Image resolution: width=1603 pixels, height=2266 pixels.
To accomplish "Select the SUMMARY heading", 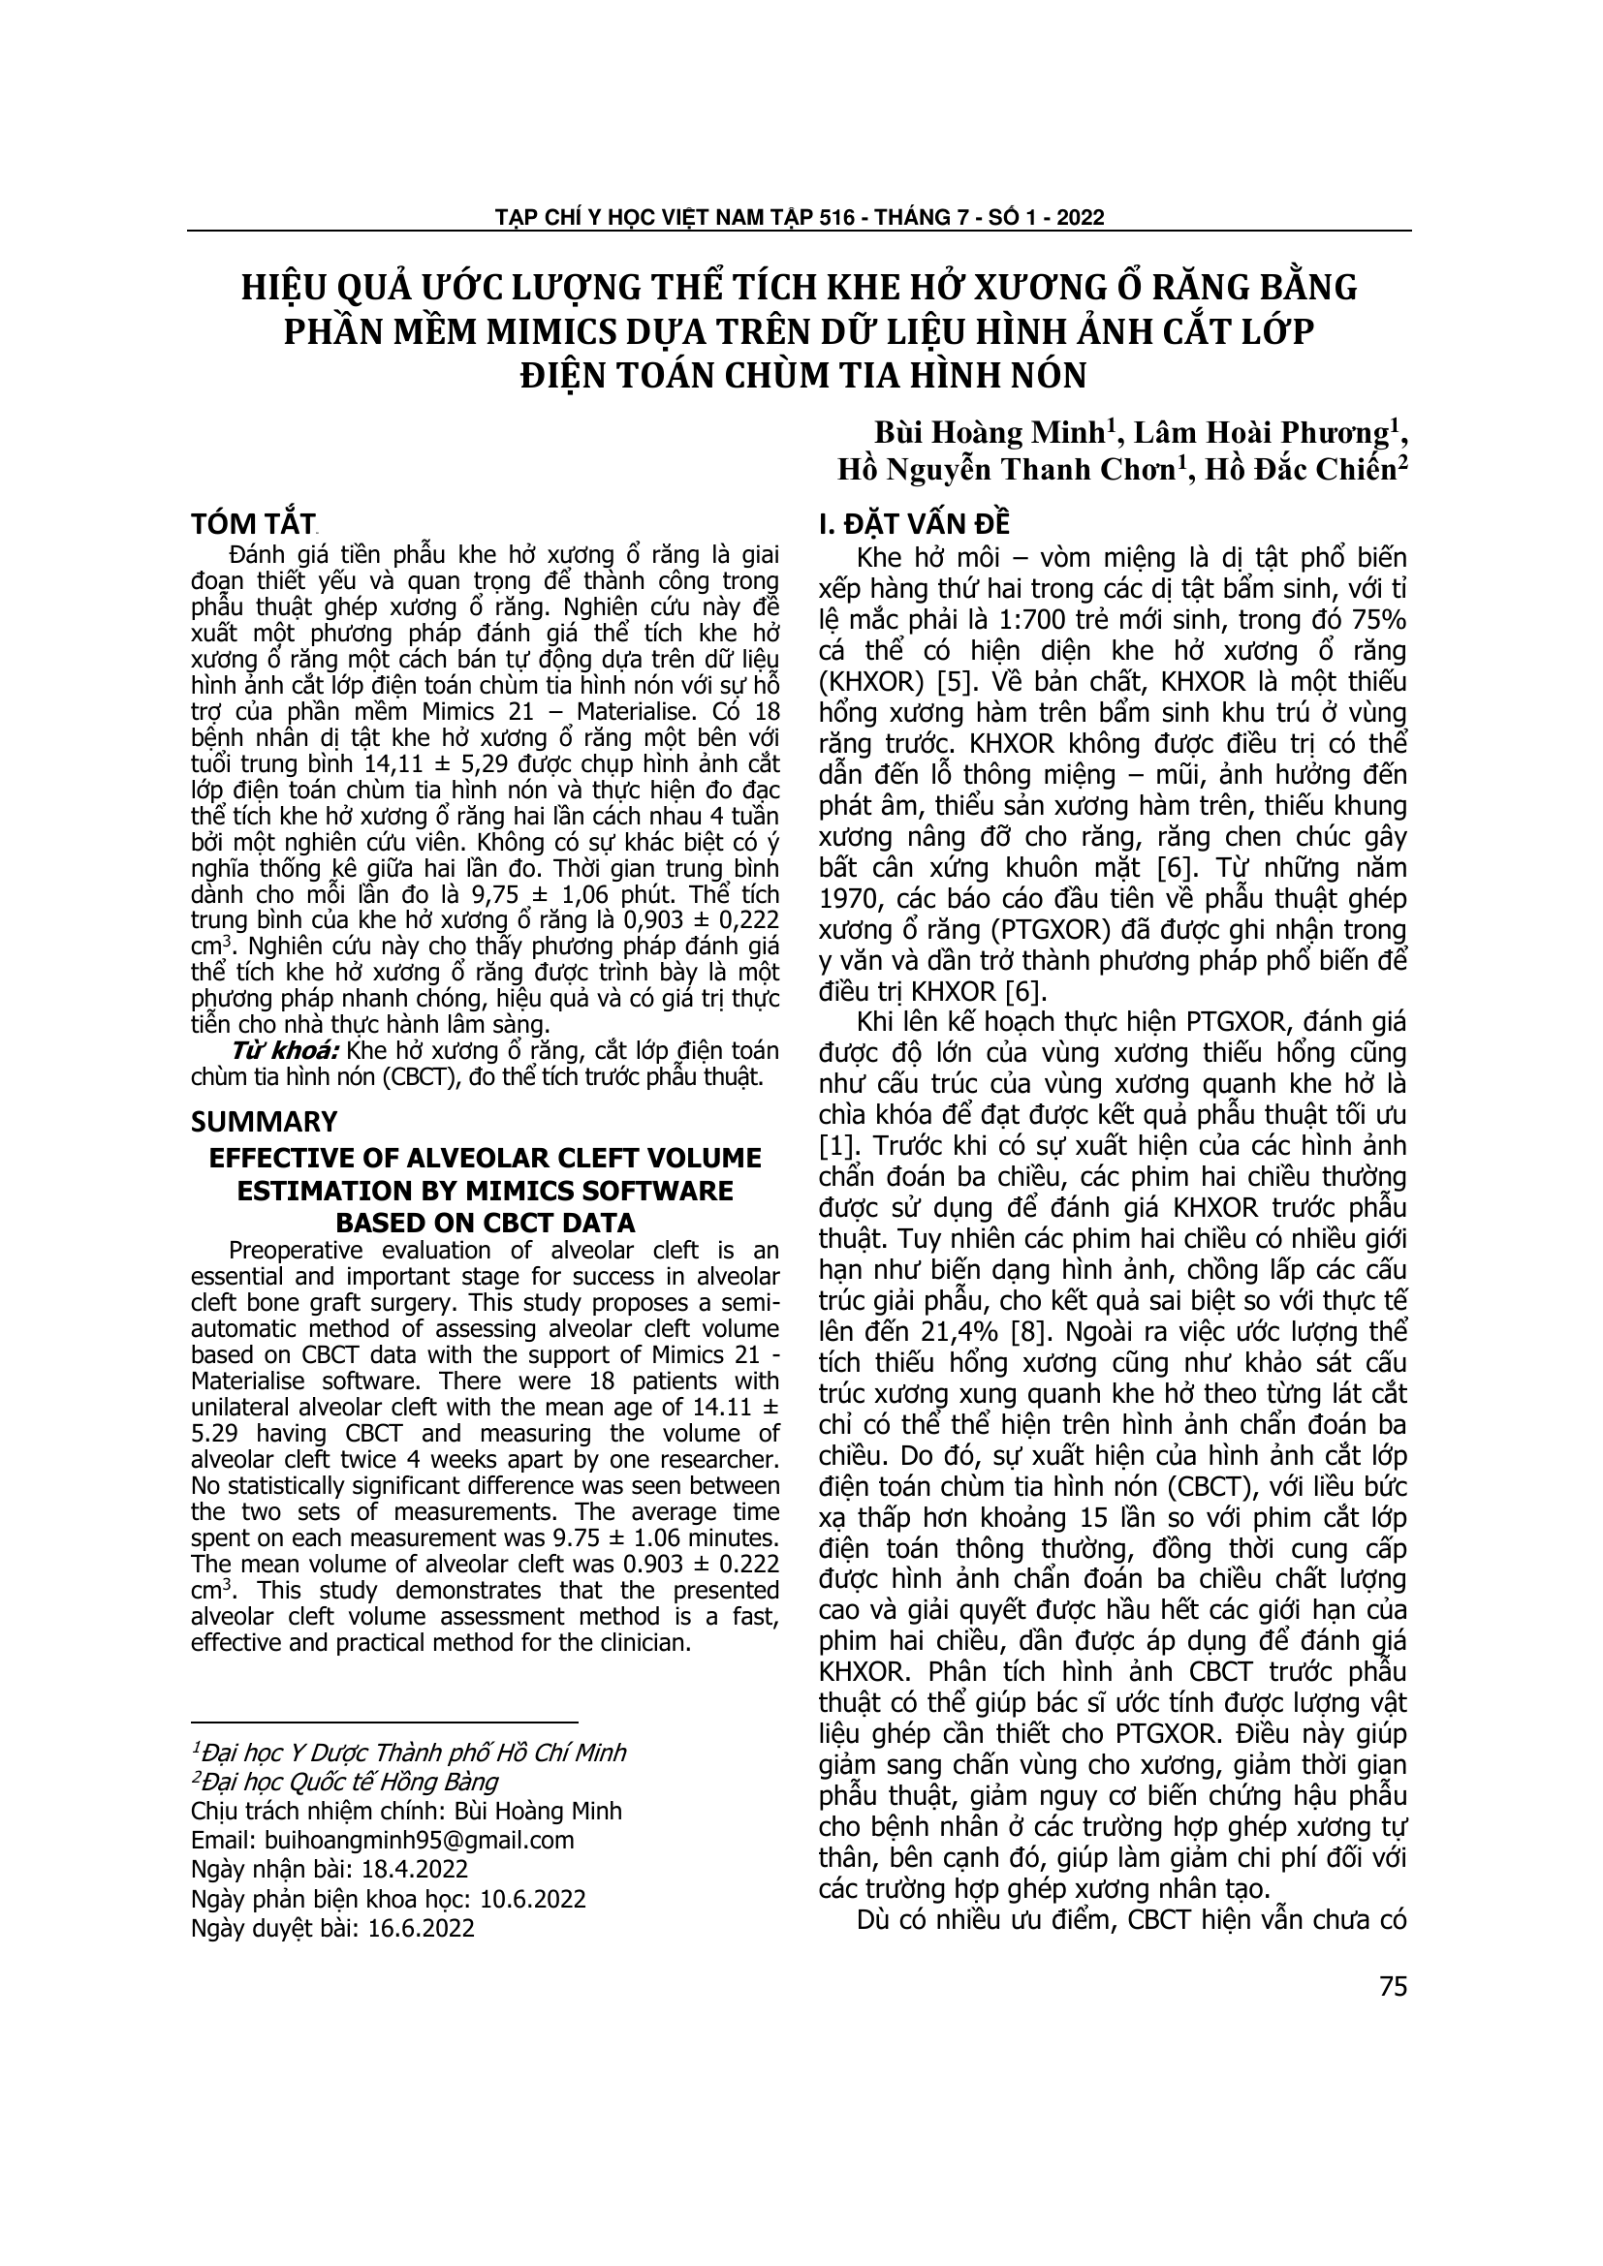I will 264,1122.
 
